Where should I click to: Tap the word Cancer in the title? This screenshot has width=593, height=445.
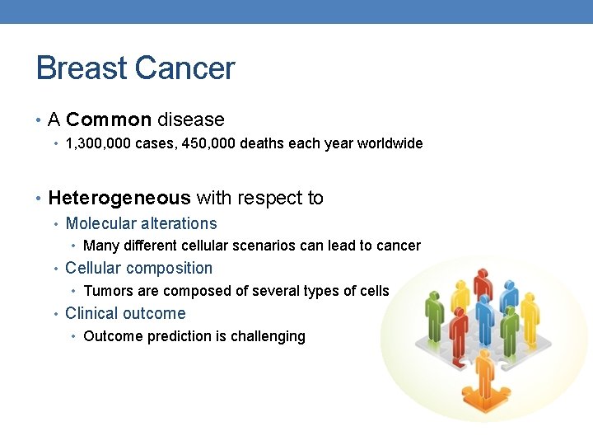(189, 68)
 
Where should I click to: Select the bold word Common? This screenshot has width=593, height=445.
(109, 120)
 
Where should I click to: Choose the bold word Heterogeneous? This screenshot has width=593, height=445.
(119, 198)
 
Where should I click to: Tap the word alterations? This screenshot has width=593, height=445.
(179, 223)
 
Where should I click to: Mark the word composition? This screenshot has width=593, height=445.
(170, 268)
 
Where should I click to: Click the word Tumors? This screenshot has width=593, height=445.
(106, 291)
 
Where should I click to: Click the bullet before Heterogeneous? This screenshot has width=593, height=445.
(40, 199)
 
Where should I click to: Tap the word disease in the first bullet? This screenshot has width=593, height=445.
(190, 120)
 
